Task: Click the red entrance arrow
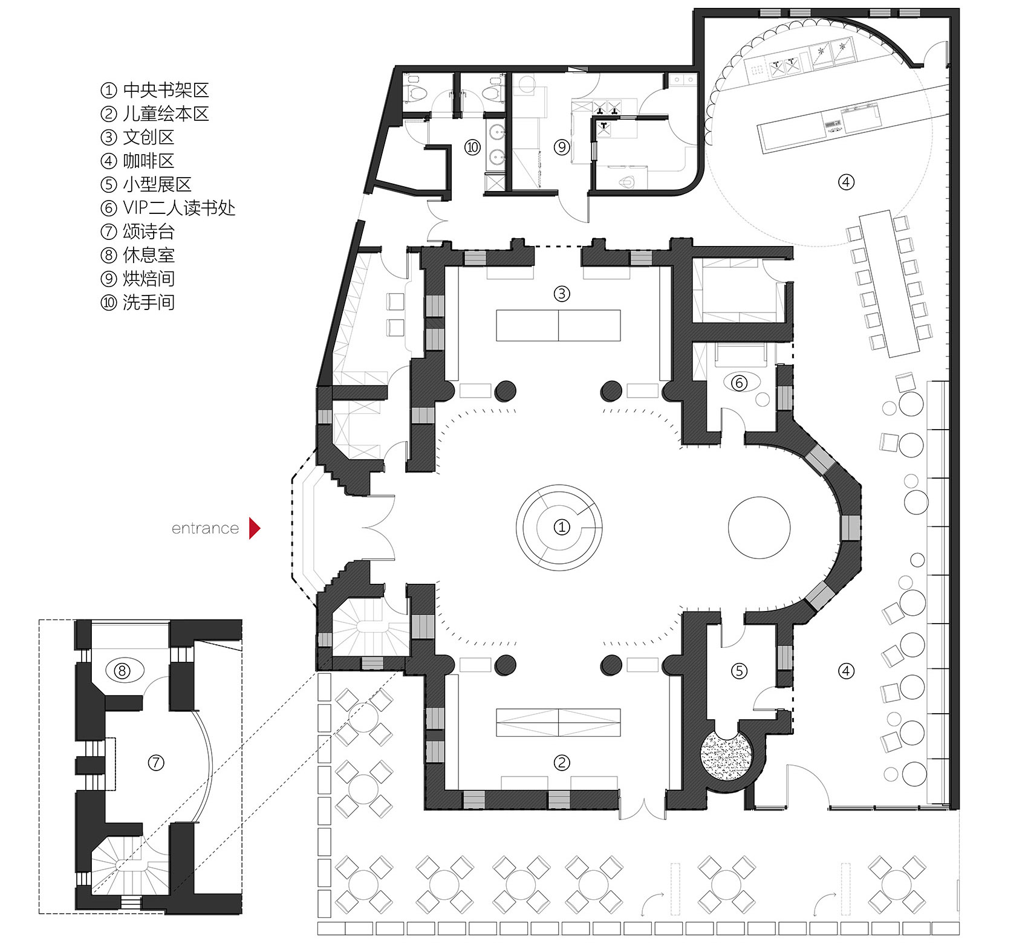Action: pos(255,528)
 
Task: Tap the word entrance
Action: pos(205,529)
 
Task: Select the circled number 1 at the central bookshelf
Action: pos(562,528)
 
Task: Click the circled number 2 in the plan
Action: pos(562,763)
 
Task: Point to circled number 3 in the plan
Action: pos(562,294)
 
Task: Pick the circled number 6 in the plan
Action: pos(738,383)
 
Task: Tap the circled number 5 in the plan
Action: pos(740,670)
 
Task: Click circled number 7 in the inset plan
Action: pos(156,763)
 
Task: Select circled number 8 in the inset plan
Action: pos(123,671)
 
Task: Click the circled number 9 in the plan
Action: pos(562,147)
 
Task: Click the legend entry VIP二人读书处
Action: pos(168,208)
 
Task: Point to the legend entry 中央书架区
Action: pos(155,91)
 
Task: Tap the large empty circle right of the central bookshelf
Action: pos(759,526)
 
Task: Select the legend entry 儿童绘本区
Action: pos(155,114)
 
